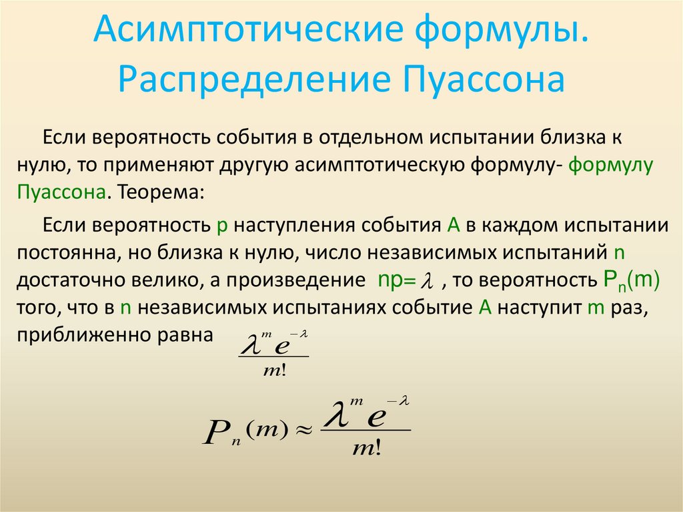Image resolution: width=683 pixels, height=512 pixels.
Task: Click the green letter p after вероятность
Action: [223, 225]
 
